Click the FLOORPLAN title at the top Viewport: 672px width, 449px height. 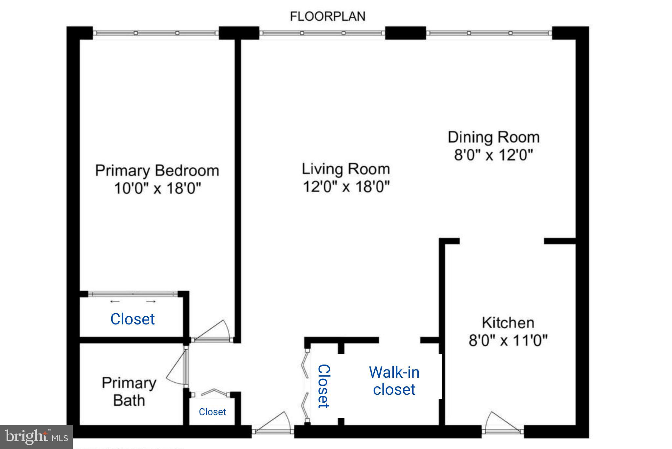(327, 16)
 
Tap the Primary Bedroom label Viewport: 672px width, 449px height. (157, 171)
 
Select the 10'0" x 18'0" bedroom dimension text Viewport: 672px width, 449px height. (157, 188)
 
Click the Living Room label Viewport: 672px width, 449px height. (346, 169)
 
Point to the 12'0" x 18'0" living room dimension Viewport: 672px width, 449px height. (346, 187)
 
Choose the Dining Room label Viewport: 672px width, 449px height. (493, 137)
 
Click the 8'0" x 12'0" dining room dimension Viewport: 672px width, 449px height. (493, 154)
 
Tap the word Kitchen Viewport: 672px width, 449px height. (508, 322)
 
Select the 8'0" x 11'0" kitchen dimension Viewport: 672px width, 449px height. (508, 340)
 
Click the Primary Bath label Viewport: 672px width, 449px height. (129, 391)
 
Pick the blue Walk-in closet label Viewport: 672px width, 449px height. (394, 381)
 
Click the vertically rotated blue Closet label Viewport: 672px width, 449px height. (324, 386)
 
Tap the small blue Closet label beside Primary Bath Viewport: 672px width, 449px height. (212, 412)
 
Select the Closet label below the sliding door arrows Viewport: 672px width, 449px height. (132, 319)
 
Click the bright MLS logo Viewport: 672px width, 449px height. (36, 437)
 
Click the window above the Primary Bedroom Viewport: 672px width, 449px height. (156, 33)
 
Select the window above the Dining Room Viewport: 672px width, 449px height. (489, 33)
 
